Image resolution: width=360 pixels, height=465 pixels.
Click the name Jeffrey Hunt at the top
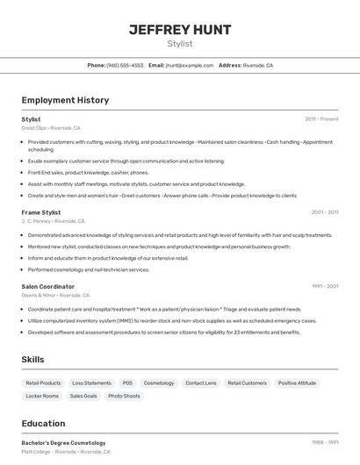point(180,30)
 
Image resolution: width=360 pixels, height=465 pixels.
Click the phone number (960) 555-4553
point(125,65)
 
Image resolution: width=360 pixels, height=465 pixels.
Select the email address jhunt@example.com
point(190,65)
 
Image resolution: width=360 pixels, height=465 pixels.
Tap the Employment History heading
point(65,100)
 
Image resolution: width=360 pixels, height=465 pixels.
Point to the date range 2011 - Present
point(321,118)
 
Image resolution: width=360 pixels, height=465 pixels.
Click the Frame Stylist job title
point(41,212)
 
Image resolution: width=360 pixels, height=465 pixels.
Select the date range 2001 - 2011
point(325,212)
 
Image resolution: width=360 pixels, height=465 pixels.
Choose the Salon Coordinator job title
point(48,287)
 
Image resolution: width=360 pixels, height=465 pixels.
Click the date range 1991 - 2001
point(325,287)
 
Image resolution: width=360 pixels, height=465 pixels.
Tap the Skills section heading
point(33,360)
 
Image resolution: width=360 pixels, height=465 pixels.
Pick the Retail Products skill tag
point(43,383)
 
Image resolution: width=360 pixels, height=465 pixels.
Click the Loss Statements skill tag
point(91,383)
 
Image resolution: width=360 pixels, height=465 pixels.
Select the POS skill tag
point(127,383)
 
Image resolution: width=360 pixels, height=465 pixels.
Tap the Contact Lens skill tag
point(201,383)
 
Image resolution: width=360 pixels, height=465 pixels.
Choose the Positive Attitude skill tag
point(297,383)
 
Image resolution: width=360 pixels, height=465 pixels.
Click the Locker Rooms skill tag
point(42,397)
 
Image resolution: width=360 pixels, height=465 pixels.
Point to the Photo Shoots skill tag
point(124,397)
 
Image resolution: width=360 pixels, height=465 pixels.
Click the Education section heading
point(43,423)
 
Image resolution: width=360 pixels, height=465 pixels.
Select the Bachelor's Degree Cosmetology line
point(63,443)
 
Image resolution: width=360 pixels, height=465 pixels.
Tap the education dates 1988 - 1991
point(325,443)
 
